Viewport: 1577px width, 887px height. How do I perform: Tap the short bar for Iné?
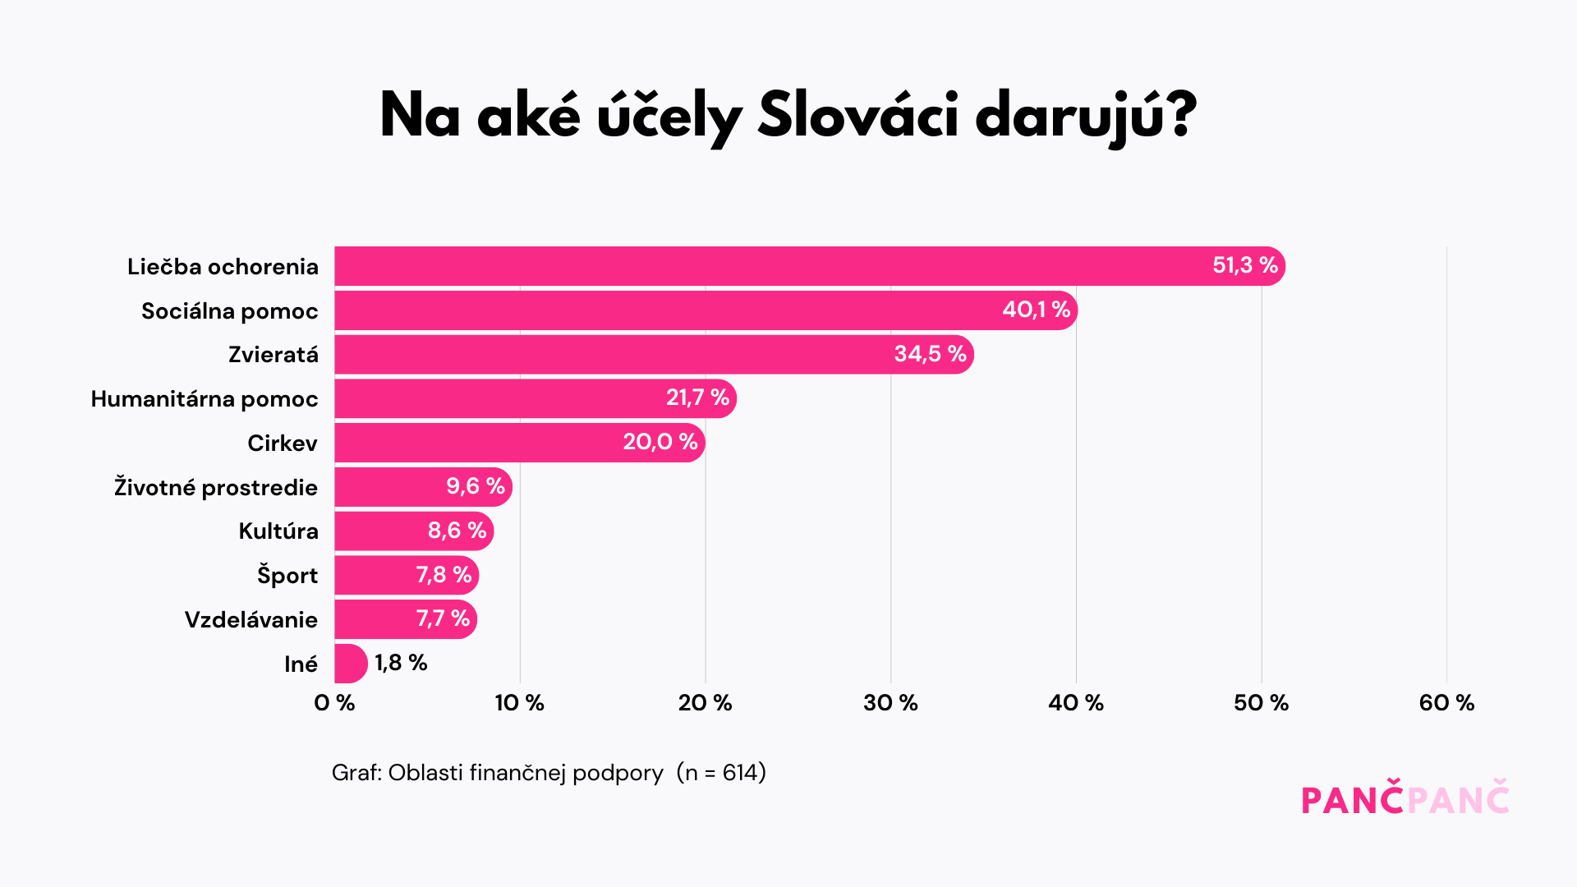click(350, 664)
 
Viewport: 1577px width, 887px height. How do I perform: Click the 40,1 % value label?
click(1036, 310)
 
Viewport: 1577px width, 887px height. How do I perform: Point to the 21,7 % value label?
click(697, 398)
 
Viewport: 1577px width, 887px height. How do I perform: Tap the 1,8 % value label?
click(401, 663)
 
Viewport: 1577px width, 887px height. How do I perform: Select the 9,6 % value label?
click(475, 486)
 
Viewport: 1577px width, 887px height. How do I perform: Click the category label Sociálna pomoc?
click(229, 311)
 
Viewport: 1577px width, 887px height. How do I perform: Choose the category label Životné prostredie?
click(215, 487)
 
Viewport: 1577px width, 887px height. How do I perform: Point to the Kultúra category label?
click(278, 531)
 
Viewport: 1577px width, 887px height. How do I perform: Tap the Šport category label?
click(287, 575)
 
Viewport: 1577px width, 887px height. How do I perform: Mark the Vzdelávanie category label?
click(251, 620)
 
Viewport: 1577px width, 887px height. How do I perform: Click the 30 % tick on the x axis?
click(890, 703)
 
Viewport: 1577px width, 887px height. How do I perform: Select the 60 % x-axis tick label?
click(1446, 703)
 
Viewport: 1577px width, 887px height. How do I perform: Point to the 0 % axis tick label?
click(334, 703)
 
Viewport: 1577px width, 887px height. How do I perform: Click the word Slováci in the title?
click(857, 116)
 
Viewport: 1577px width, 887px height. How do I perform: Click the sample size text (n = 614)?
click(721, 773)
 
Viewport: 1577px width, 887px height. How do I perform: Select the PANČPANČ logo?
click(1405, 799)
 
